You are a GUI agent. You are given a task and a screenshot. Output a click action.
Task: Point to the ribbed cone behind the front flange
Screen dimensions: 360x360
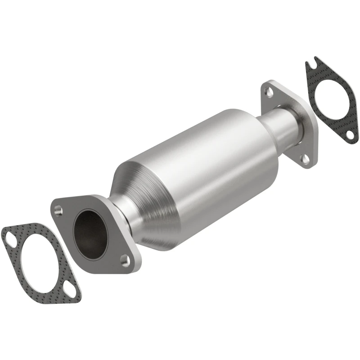(x=148, y=189)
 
